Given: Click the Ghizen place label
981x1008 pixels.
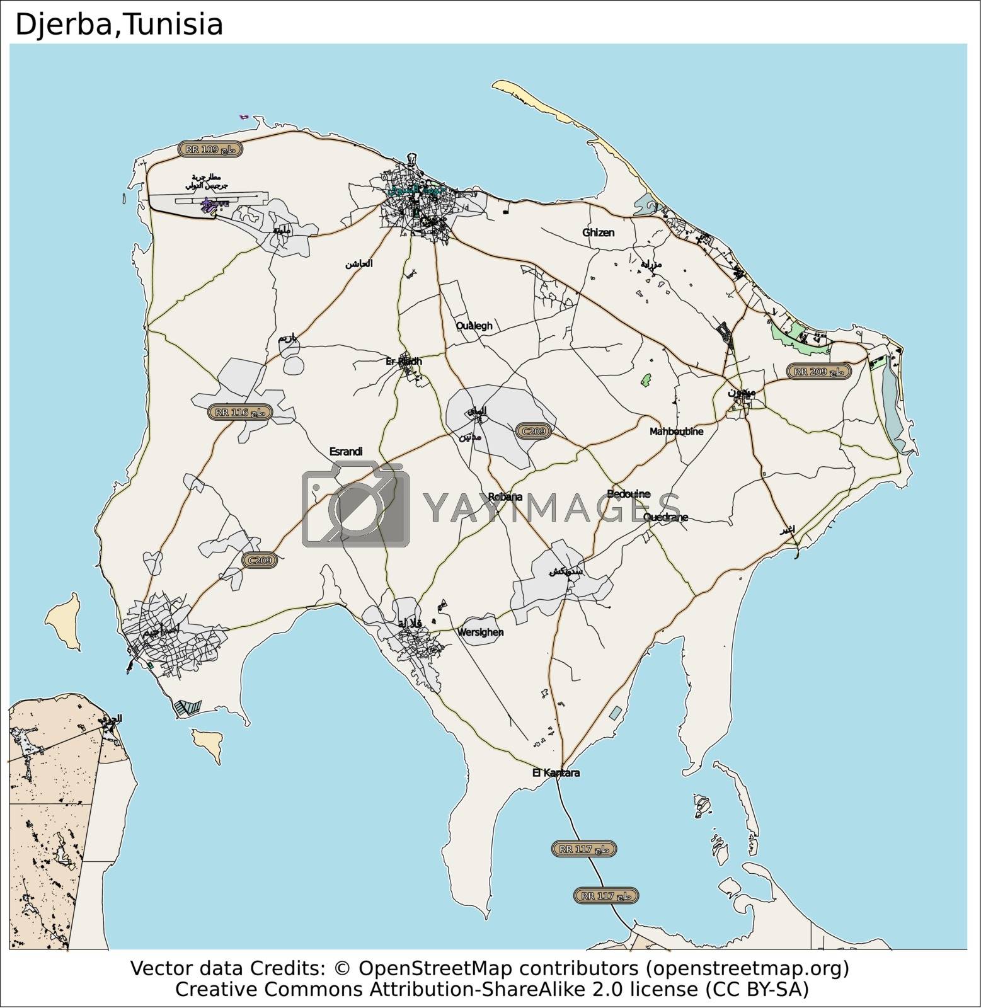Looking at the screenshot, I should click(x=598, y=232).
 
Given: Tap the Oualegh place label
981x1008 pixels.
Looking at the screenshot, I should click(x=474, y=326).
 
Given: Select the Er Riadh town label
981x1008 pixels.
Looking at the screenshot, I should click(x=403, y=362).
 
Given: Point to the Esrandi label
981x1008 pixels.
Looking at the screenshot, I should click(x=346, y=451).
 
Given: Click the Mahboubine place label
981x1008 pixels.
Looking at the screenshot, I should click(x=676, y=432).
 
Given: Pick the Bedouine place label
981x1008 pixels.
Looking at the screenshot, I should click(x=628, y=493).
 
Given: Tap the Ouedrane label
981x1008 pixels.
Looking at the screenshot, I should click(x=665, y=517).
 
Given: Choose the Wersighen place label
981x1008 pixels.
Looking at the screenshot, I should click(x=480, y=632).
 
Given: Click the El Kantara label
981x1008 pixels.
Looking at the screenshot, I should click(x=556, y=772).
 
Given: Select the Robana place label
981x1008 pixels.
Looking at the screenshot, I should click(x=505, y=496).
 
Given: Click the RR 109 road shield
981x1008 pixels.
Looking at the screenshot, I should click(x=210, y=149).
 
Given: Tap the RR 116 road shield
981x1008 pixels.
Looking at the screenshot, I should click(x=240, y=413).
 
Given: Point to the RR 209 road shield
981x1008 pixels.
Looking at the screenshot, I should click(x=819, y=372).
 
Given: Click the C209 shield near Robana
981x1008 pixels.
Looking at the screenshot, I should click(x=534, y=432).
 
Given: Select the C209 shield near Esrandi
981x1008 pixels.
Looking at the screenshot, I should click(x=260, y=560).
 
